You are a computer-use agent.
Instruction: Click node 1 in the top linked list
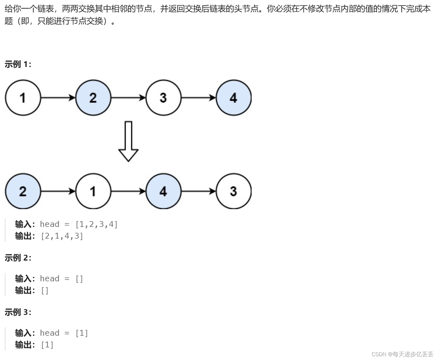[x=23, y=98]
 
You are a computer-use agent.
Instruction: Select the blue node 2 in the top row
[x=93, y=98]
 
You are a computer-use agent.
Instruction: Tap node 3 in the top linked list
[x=163, y=98]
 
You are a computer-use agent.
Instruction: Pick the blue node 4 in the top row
[x=233, y=98]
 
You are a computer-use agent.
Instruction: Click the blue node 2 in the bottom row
[x=23, y=191]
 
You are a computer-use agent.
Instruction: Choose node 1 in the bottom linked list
[x=93, y=191]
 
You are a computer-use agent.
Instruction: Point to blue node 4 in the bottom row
[x=163, y=191]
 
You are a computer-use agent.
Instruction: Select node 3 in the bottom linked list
[x=233, y=191]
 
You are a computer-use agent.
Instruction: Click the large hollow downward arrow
[x=128, y=142]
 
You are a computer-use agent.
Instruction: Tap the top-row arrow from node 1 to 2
[x=58, y=98]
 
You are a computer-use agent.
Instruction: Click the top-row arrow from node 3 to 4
[x=198, y=98]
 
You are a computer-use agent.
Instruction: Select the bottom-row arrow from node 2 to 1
[x=58, y=191]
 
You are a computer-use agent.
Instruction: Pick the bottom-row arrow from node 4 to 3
[x=198, y=191]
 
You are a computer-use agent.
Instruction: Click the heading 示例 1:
[x=18, y=64]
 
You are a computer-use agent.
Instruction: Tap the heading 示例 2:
[x=18, y=258]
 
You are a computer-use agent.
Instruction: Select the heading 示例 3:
[x=18, y=312]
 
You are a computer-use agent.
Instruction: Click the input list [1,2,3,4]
[x=97, y=224]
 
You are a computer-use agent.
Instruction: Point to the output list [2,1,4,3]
[x=62, y=236]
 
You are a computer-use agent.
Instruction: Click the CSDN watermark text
[x=402, y=354]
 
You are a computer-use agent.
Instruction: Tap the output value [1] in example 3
[x=47, y=345]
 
